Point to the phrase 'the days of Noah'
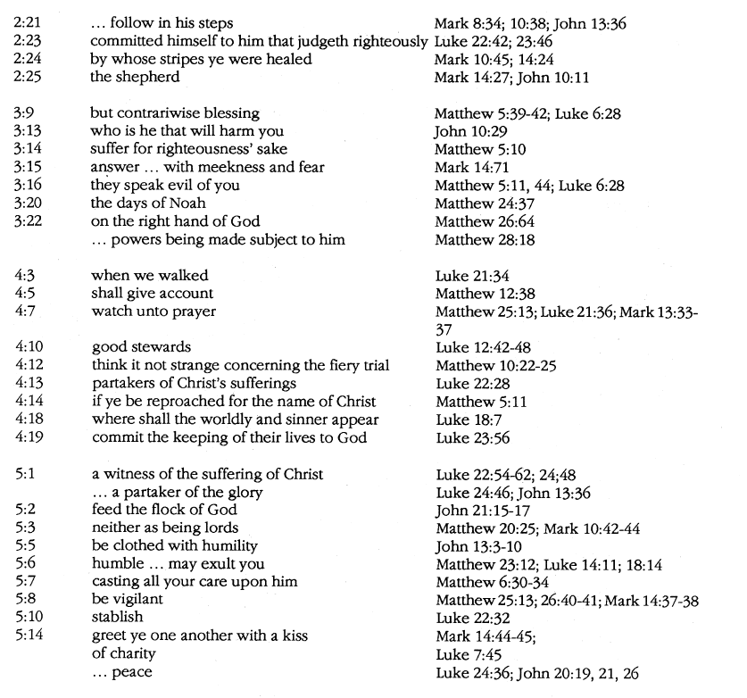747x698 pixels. point(141,204)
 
